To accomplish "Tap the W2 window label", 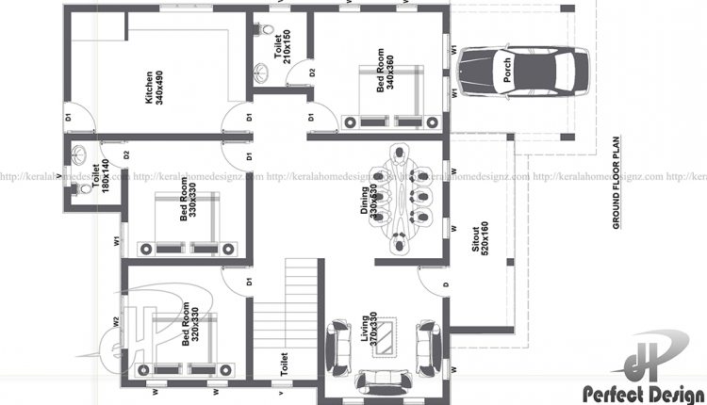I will [x=115, y=321].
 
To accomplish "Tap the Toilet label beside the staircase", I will [x=282, y=362].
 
